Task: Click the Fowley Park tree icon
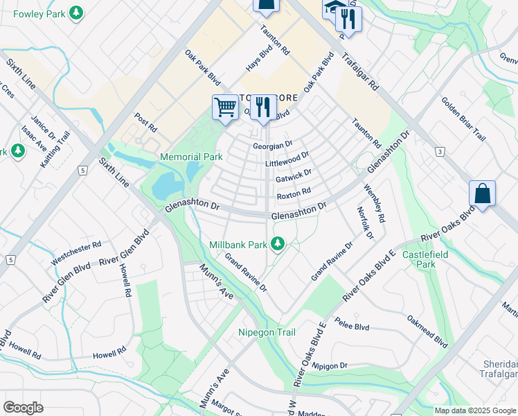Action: point(77,12)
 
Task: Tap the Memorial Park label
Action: point(191,157)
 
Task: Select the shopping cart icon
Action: point(225,107)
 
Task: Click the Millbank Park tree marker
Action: point(278,243)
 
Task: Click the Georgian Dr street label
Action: point(273,146)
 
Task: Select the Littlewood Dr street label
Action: point(287,162)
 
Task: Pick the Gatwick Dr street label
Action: point(294,178)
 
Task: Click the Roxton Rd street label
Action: point(294,195)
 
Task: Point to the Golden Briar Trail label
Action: point(463,119)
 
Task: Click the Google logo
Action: point(23,408)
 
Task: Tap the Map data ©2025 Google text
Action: point(474,410)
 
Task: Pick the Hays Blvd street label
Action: point(260,61)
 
